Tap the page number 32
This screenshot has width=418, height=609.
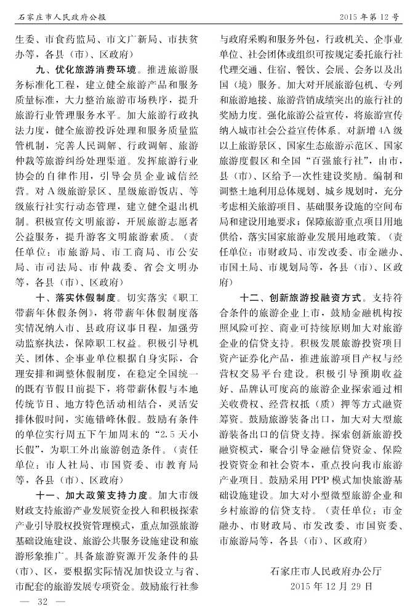coord(42,600)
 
